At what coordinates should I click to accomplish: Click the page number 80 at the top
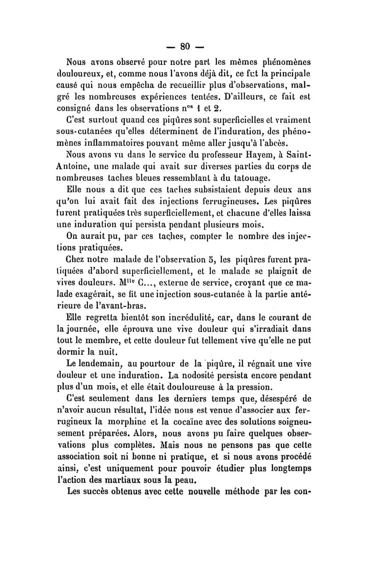click(185, 46)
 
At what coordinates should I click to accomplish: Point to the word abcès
click(287, 144)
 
